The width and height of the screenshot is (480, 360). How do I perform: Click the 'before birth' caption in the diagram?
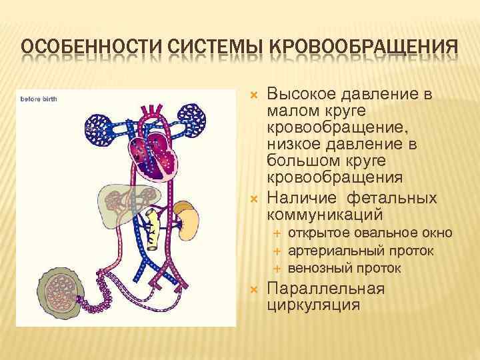click(39, 99)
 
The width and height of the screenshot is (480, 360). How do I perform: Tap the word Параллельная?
click(325, 289)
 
